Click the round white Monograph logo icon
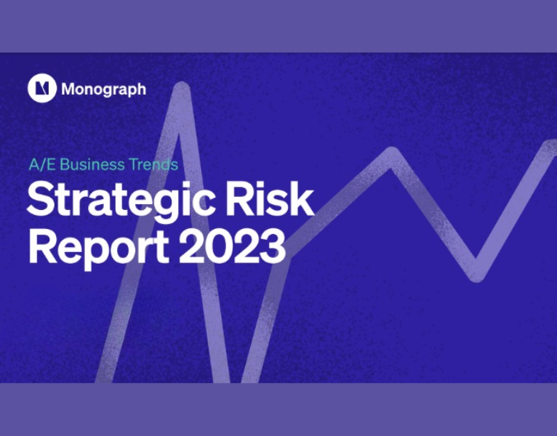[x=42, y=89]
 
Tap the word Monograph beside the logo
[x=103, y=89]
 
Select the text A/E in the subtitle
[x=41, y=165]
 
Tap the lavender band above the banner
[x=278, y=26]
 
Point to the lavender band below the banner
[x=278, y=409]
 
